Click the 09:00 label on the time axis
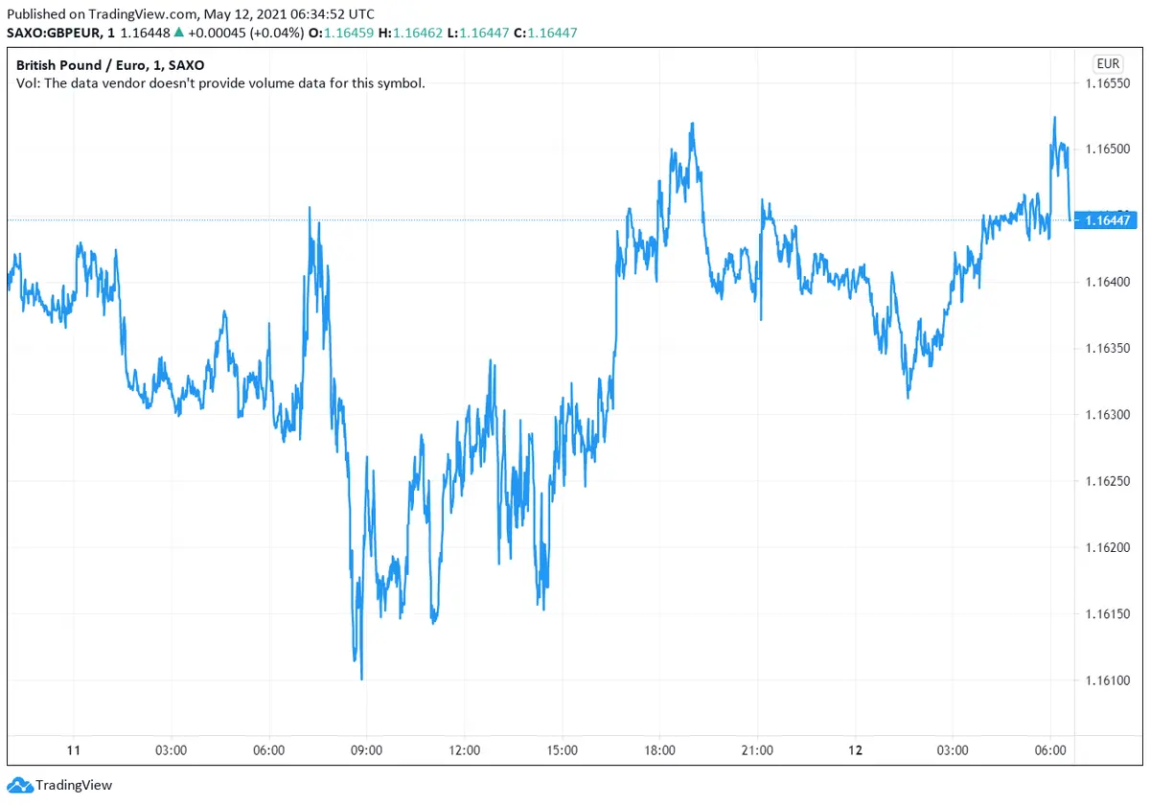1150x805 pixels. [x=367, y=750]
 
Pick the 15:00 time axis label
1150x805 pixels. [x=562, y=750]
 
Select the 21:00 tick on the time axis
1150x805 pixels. [x=757, y=750]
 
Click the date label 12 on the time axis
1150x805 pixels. [x=855, y=750]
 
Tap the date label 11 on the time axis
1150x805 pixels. [x=73, y=750]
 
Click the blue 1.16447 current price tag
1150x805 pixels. [x=1108, y=220]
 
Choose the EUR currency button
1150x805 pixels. [x=1108, y=64]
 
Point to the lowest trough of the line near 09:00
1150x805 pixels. [x=361, y=678]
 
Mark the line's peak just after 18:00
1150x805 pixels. [x=691, y=124]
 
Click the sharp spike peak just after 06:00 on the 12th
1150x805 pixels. [x=1054, y=118]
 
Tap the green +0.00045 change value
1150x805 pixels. [x=216, y=34]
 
